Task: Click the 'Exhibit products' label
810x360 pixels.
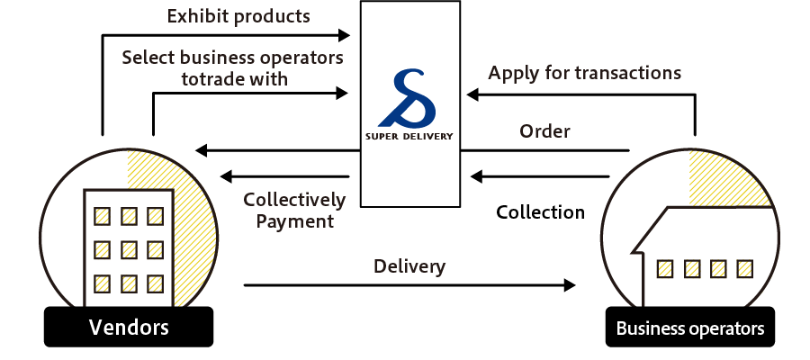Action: (239, 16)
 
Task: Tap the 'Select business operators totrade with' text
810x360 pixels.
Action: (232, 68)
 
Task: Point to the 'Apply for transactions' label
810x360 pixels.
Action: (584, 72)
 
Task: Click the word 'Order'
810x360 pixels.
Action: (544, 131)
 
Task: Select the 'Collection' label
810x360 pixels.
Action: (540, 212)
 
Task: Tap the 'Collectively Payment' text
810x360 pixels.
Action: (294, 210)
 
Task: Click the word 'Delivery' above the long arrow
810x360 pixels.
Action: (409, 266)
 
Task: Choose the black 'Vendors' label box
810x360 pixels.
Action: (129, 327)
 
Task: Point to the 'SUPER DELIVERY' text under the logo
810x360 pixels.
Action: (409, 138)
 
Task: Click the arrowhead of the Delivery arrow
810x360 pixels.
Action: (570, 285)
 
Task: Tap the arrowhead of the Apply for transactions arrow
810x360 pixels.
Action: (472, 93)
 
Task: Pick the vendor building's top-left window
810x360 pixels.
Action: (103, 216)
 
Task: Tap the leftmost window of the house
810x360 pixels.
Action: (665, 268)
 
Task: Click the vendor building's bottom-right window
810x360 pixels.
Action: (156, 282)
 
